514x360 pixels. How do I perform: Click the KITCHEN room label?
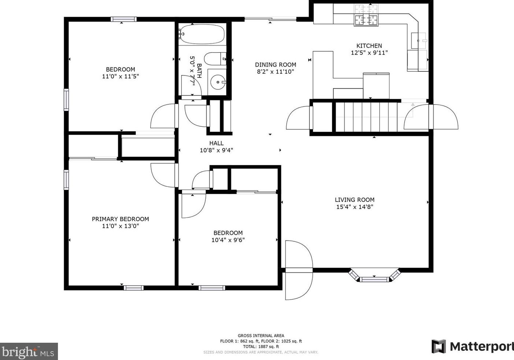coord(369,46)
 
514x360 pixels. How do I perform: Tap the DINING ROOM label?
coord(275,65)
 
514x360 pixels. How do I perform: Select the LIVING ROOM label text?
coord(354,200)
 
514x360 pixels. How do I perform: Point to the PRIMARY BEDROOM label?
coord(120,219)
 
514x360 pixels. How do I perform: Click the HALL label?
coord(216,143)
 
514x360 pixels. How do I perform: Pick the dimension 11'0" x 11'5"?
coord(120,77)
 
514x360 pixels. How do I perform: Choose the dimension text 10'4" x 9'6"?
coord(228,240)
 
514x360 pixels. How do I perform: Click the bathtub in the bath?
coord(202,34)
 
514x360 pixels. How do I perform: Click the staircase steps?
coord(366,116)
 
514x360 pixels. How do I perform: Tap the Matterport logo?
coord(472,346)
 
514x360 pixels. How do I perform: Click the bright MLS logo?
coord(29,352)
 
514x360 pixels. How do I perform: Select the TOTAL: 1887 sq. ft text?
coord(261,346)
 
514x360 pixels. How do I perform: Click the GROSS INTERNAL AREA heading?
coord(261,335)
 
